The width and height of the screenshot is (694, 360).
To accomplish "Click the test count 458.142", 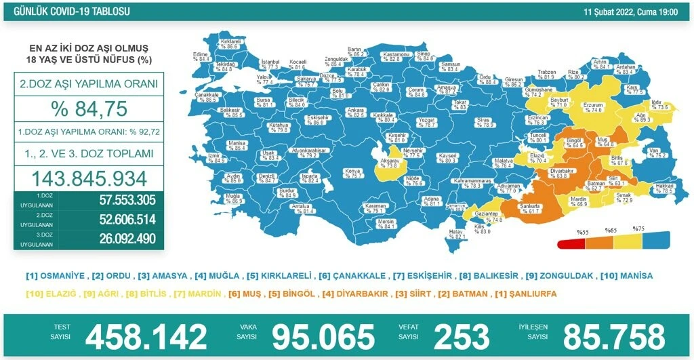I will pyautogui.click(x=146, y=336).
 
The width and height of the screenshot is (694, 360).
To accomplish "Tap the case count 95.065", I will pyautogui.click(x=323, y=336).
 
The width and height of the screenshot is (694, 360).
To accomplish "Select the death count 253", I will pyautogui.click(x=462, y=336).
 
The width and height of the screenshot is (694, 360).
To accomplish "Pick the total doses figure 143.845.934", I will pyautogui.click(x=89, y=178).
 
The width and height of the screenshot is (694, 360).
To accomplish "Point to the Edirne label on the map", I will pyautogui.click(x=201, y=56).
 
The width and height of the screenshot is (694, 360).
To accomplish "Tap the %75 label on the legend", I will pyautogui.click(x=638, y=229).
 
